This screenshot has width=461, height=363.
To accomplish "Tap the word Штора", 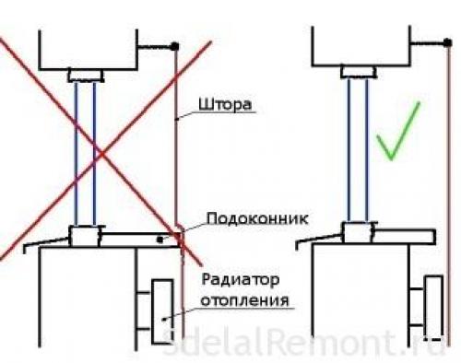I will click(222, 105).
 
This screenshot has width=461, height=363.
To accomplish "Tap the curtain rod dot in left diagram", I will click(174, 45).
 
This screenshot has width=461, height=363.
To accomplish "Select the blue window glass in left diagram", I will click(89, 152).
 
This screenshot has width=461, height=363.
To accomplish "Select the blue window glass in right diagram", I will click(358, 152).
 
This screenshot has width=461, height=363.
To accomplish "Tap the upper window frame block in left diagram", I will click(89, 74).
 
